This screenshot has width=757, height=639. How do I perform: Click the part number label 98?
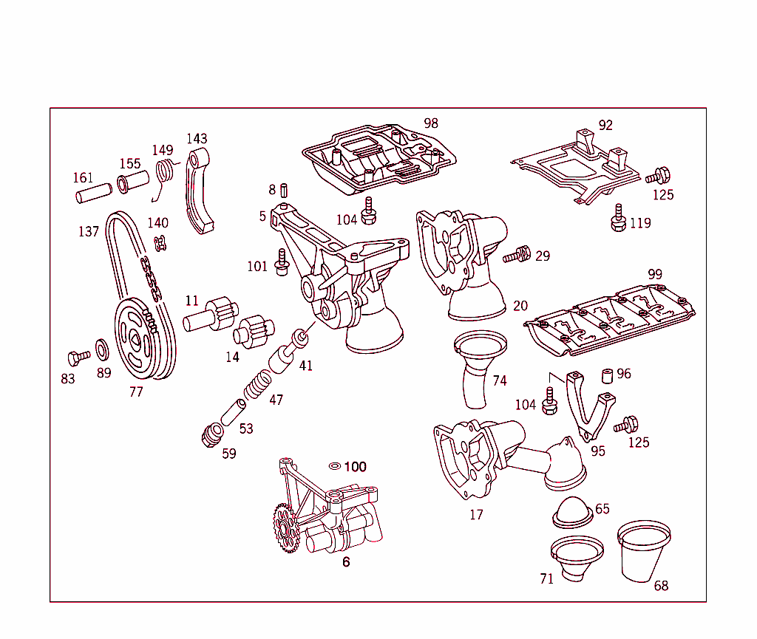tap(431, 123)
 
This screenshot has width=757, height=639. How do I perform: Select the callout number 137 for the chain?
tap(89, 232)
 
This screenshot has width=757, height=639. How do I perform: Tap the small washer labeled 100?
tap(334, 466)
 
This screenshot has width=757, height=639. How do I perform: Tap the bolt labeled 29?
tap(517, 256)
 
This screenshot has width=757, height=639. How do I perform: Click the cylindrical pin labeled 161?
tap(93, 193)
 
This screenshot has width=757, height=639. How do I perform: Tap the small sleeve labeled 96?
tap(607, 375)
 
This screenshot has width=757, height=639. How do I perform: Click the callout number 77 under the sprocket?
tap(136, 392)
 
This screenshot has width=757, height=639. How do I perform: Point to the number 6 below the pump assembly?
tap(346, 562)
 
